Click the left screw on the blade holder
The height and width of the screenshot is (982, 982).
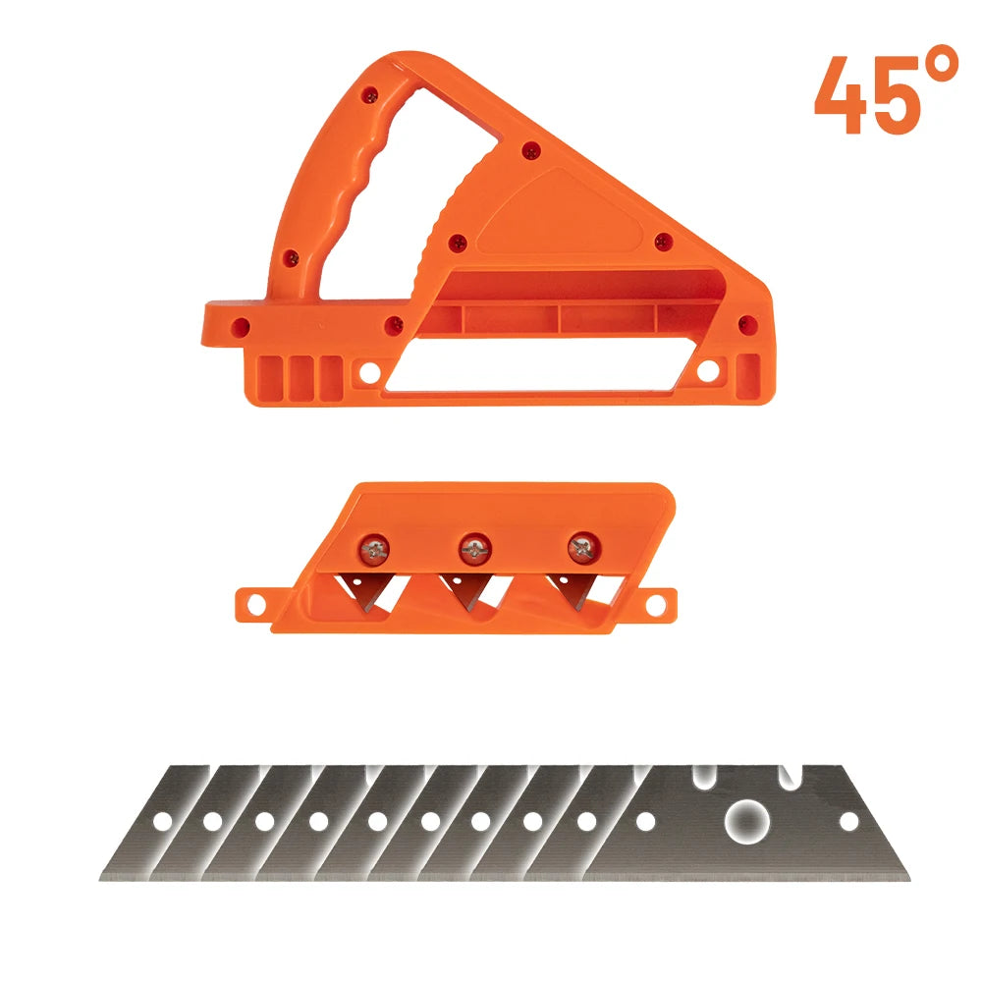tap(375, 550)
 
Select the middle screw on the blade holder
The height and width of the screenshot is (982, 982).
tap(474, 549)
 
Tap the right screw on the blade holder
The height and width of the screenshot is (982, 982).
tap(584, 548)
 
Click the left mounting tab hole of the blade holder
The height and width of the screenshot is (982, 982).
tap(256, 605)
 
